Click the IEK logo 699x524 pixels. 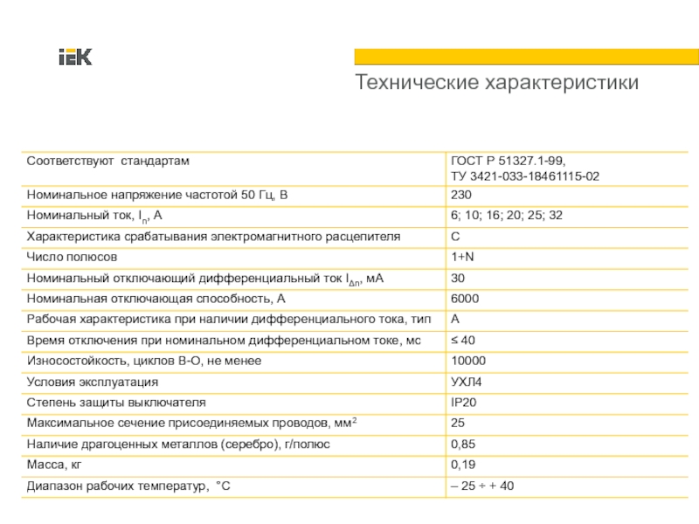pyautogui.click(x=75, y=58)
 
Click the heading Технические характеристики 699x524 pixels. pyautogui.click(x=496, y=83)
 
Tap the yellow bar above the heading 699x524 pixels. pyautogui.click(x=526, y=56)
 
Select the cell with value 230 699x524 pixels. pyautogui.click(x=461, y=195)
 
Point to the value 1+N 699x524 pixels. pyautogui.click(x=462, y=258)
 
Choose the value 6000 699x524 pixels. pyautogui.click(x=465, y=299)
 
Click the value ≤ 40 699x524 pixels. pyautogui.click(x=463, y=340)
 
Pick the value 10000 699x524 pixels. pyautogui.click(x=467, y=361)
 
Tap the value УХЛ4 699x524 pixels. pyautogui.click(x=466, y=382)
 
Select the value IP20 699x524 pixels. pyautogui.click(x=463, y=403)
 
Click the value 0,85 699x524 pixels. pyautogui.click(x=463, y=444)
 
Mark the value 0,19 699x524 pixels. pyautogui.click(x=463, y=465)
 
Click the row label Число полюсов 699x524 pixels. pyautogui.click(x=73, y=258)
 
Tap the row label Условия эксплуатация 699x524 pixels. pyautogui.click(x=93, y=382)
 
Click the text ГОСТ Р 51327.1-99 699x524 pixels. pyautogui.click(x=508, y=162)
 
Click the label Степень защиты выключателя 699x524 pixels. pyautogui.click(x=116, y=403)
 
